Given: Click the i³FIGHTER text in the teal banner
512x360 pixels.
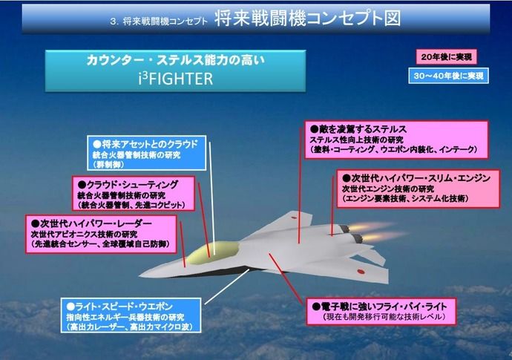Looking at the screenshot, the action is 175,79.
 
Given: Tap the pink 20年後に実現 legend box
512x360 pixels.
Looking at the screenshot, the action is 446,57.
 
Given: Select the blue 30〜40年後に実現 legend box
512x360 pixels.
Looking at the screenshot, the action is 448,76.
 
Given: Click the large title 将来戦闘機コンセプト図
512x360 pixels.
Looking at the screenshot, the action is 308,18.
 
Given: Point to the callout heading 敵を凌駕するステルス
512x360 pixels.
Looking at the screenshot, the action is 358,129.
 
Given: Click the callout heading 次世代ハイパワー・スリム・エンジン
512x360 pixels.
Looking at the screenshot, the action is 416,178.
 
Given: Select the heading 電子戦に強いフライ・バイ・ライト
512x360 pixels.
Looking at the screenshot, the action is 379,306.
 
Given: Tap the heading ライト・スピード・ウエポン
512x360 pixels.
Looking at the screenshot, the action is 119,307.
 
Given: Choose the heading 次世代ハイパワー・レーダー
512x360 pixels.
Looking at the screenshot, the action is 92,223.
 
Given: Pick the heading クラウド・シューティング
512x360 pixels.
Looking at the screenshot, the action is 128,185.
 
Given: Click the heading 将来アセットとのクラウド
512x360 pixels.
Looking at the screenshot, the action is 145,144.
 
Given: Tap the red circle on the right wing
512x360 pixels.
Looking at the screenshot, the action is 361,271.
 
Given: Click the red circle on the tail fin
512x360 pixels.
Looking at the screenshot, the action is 293,217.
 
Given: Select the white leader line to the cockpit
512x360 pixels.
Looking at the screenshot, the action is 212,198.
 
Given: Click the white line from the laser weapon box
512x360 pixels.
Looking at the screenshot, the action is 227,287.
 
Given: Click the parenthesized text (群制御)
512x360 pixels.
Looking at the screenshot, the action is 108,165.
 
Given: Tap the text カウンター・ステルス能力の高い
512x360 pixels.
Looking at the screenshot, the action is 175,60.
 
